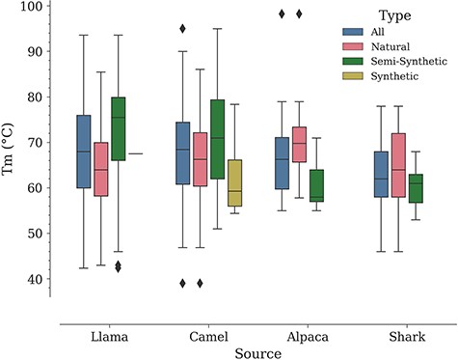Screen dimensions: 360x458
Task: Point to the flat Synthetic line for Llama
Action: tap(136, 153)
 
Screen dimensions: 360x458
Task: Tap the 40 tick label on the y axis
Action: tap(40, 280)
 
